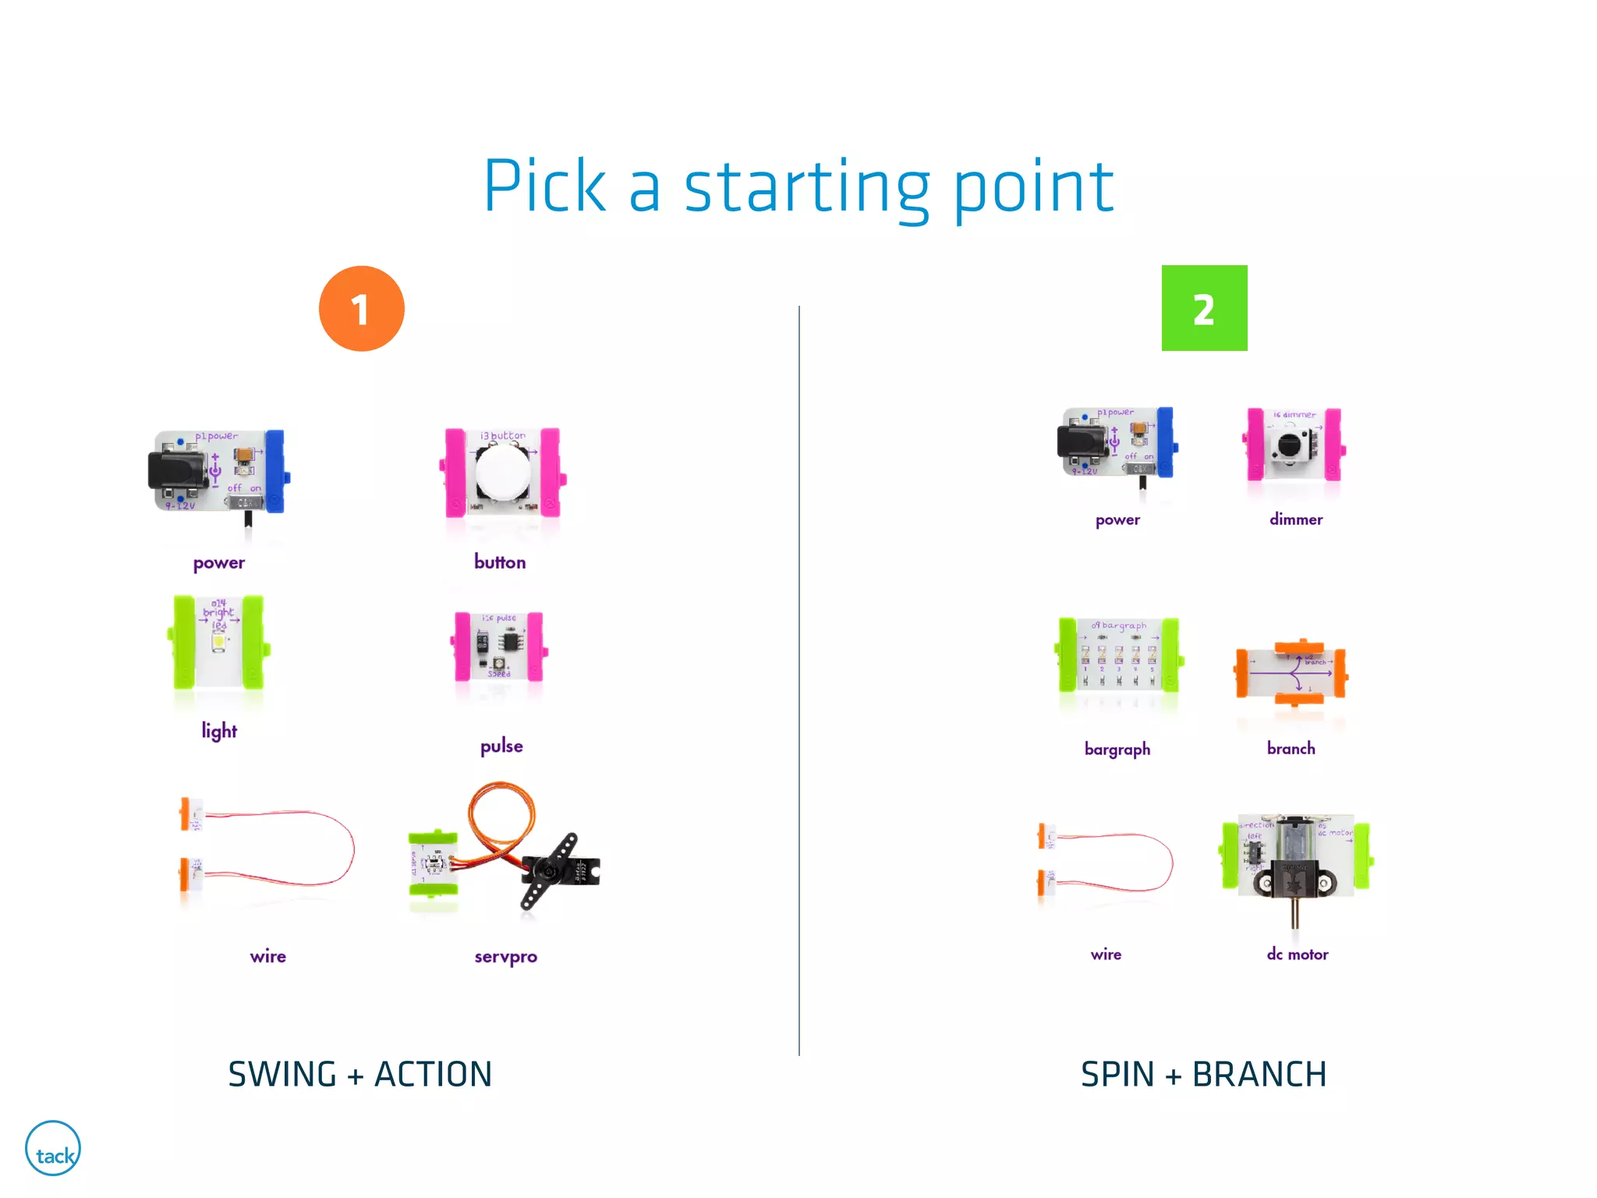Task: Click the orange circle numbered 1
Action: pyautogui.click(x=361, y=309)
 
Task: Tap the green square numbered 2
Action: pyautogui.click(x=1204, y=308)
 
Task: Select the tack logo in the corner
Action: pyautogui.click(x=53, y=1149)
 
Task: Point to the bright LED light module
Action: pyautogui.click(x=218, y=643)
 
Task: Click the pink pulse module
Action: pyautogui.click(x=500, y=647)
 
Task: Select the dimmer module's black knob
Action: pyautogui.click(x=1289, y=445)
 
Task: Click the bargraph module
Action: pyautogui.click(x=1118, y=655)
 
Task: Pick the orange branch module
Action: pyautogui.click(x=1292, y=672)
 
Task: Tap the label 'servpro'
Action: pyautogui.click(x=505, y=957)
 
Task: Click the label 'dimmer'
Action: pyautogui.click(x=1296, y=519)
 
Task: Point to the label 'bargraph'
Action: pyautogui.click(x=1117, y=750)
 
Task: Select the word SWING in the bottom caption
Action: pyautogui.click(x=282, y=1075)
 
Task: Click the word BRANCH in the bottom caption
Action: pyautogui.click(x=1259, y=1075)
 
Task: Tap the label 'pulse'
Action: pyautogui.click(x=501, y=746)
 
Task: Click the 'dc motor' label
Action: pyautogui.click(x=1298, y=955)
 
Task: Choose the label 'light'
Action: pyautogui.click(x=219, y=731)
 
